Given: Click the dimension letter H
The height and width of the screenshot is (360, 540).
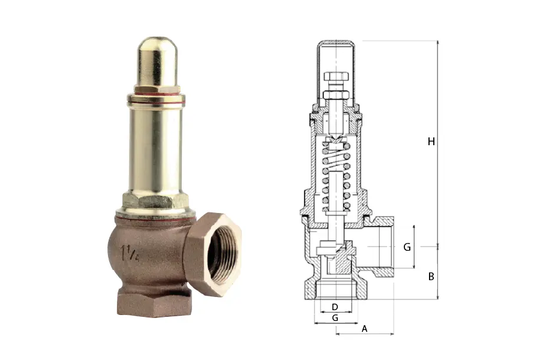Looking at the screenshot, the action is pyautogui.click(x=431, y=142).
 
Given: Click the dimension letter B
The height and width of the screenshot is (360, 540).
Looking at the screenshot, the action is pyautogui.click(x=431, y=276).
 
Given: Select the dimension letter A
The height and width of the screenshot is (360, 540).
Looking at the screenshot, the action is pyautogui.click(x=364, y=329).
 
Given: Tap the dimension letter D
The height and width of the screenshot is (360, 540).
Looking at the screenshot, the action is pyautogui.click(x=335, y=307).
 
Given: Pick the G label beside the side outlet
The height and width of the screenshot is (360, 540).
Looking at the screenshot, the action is pyautogui.click(x=407, y=247).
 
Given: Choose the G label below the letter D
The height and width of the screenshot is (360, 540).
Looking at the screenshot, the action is pyautogui.click(x=335, y=317).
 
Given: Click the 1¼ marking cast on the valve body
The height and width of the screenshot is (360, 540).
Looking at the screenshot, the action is pyautogui.click(x=130, y=254).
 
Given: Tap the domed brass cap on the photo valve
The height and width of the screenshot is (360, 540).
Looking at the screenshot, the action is pyautogui.click(x=157, y=62).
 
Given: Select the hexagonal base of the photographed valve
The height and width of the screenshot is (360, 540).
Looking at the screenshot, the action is pyautogui.click(x=154, y=302).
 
